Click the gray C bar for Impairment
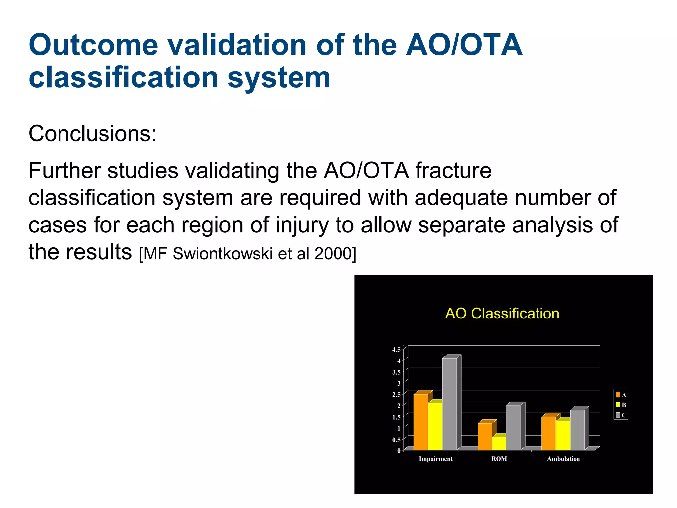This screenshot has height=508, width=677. pyautogui.click(x=449, y=403)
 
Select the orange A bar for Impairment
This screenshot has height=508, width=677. pyautogui.click(x=420, y=422)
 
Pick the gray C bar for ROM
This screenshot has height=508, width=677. pyautogui.click(x=513, y=427)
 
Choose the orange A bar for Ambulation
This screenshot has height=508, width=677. pyautogui.click(x=548, y=433)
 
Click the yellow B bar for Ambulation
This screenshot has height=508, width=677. pyautogui.click(x=563, y=435)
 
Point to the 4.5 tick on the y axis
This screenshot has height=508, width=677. pyautogui.click(x=396, y=350)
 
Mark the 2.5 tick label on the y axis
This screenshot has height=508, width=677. pyautogui.click(x=396, y=394)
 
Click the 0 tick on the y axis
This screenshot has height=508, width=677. pyautogui.click(x=399, y=450)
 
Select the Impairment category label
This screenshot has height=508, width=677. pyautogui.click(x=435, y=459)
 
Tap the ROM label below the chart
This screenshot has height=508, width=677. pyautogui.click(x=499, y=459)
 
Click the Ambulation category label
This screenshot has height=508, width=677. pyautogui.click(x=563, y=459)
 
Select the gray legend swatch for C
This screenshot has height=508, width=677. pyautogui.click(x=618, y=415)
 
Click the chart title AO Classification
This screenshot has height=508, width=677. pyautogui.click(x=502, y=313)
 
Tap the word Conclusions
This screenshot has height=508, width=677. pyautogui.click(x=93, y=134)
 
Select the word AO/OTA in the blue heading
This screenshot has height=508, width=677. pyautogui.click(x=464, y=45)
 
